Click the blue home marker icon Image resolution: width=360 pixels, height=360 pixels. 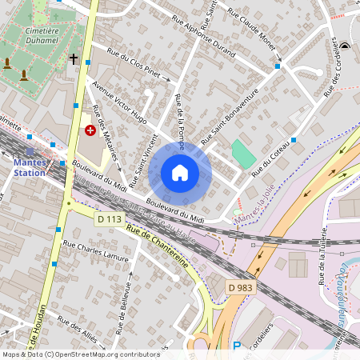pos(180,173)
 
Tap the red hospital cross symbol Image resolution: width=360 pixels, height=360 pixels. pos(90,129)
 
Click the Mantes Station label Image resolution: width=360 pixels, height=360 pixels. pos(30,166)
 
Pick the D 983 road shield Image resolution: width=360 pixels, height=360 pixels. pos(239,286)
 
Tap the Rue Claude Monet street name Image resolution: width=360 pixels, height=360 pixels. pos(251,30)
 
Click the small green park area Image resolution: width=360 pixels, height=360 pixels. pos(243,153)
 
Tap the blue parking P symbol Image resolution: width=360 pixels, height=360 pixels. pos(236,346)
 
